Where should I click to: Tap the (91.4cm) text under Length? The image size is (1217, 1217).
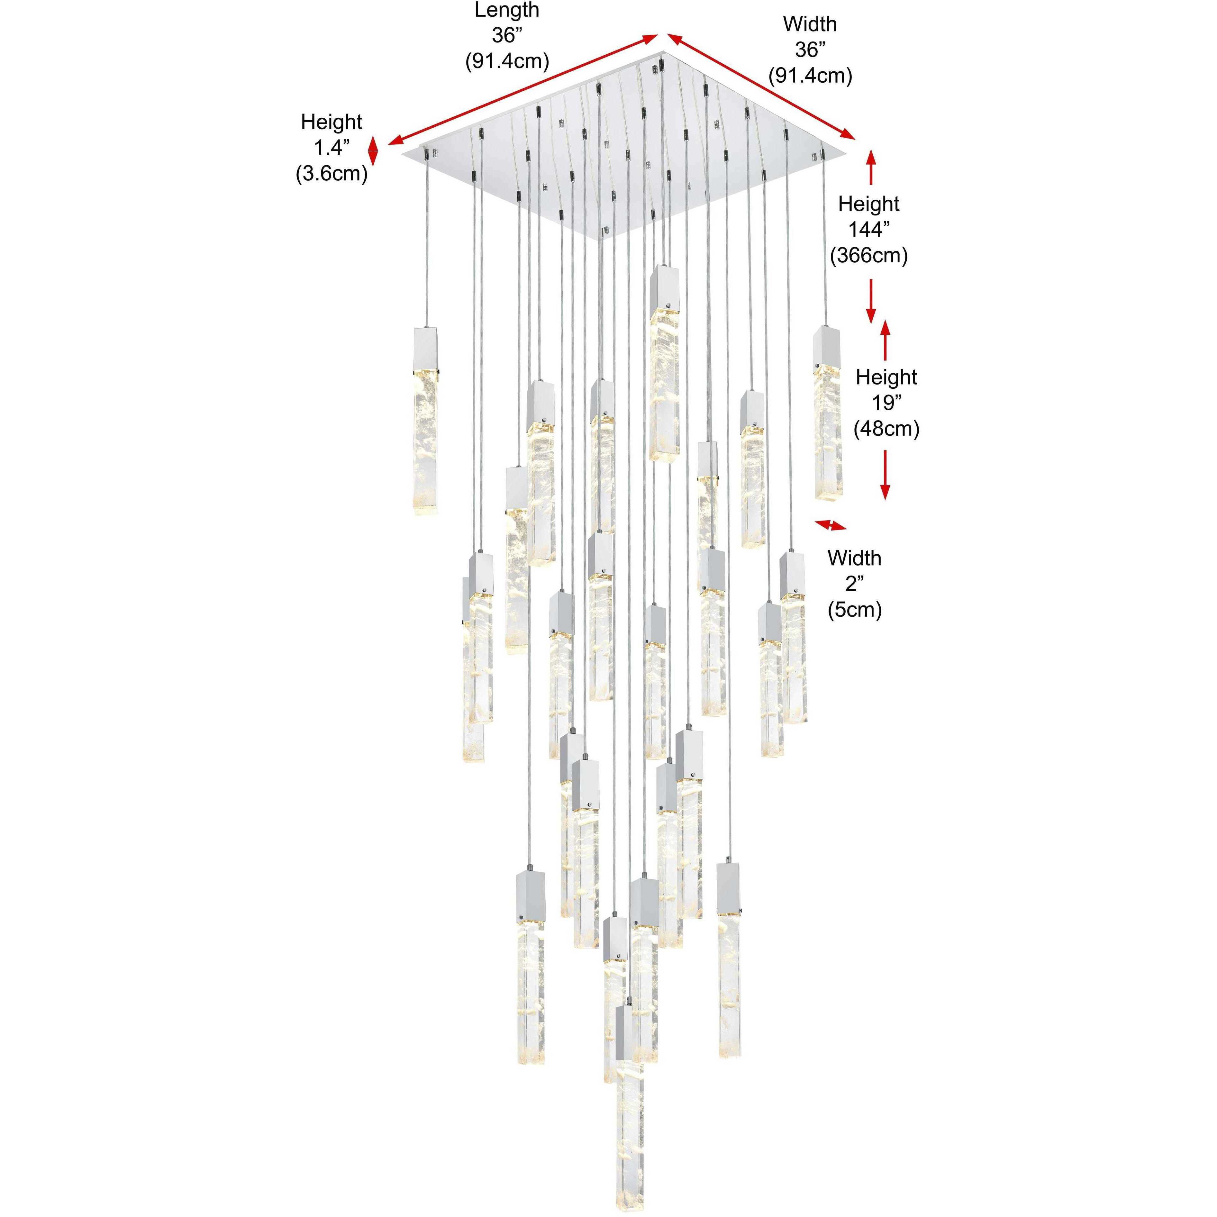[507, 61]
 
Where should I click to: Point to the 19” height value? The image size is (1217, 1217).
[886, 403]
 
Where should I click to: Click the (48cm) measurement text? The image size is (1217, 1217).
[886, 429]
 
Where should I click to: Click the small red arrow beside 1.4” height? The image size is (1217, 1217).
[373, 152]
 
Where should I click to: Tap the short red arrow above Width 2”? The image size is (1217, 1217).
[831, 525]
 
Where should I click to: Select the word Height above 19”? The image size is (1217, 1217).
[886, 377]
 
